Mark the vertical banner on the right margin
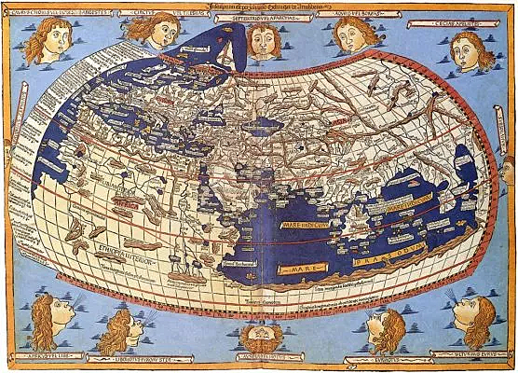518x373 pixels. click(509, 186)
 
